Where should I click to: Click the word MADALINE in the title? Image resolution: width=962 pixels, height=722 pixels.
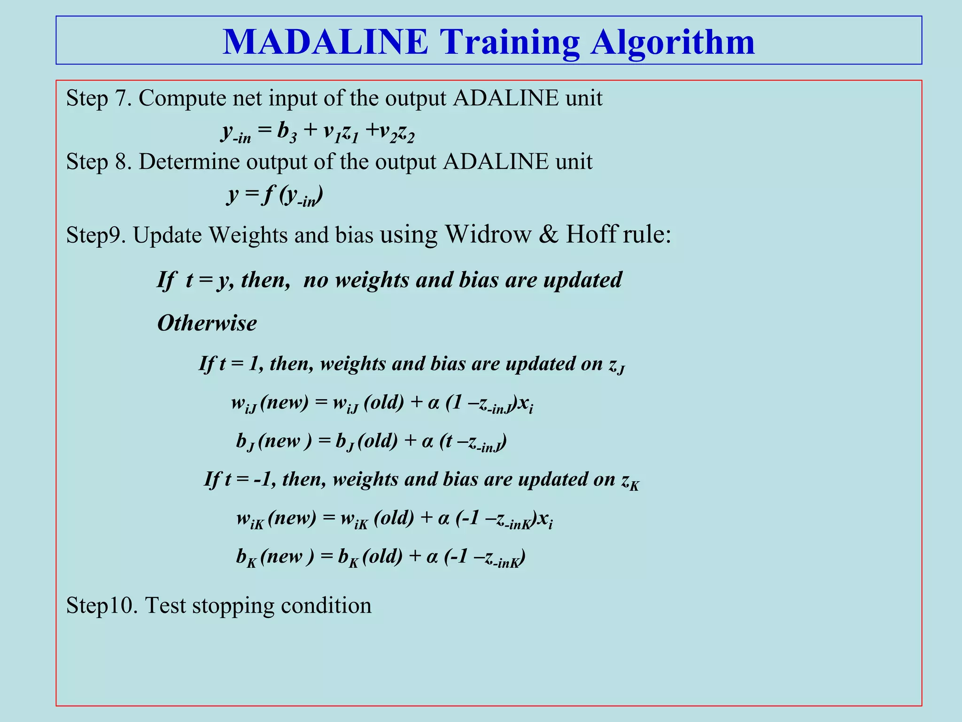325,42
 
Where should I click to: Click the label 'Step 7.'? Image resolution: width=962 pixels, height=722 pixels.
99,98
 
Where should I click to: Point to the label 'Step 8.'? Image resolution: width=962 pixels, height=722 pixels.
99,162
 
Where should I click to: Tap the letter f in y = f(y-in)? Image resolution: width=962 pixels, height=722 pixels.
268,195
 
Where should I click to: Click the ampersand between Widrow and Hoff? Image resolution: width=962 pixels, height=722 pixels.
548,234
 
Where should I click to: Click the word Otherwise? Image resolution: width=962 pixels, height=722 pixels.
207,323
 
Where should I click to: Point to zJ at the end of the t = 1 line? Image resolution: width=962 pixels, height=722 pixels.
616,365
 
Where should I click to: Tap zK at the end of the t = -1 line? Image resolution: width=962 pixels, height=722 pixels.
630,481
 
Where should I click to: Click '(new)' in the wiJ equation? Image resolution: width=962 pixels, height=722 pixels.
284,403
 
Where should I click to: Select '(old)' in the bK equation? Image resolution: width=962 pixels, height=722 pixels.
382,557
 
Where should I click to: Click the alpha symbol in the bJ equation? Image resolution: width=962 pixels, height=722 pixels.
427,441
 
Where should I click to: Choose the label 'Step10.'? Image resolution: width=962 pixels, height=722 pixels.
101,605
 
